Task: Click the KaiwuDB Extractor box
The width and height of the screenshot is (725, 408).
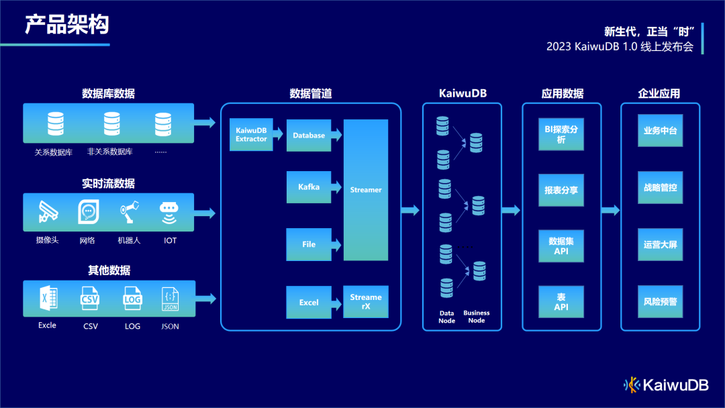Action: coord(251,134)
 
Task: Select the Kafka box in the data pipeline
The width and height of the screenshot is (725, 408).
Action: coord(309,187)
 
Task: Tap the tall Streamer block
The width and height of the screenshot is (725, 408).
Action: coord(366,190)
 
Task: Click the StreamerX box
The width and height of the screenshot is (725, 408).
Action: coord(366,302)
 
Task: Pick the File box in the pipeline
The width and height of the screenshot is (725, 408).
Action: coord(309,244)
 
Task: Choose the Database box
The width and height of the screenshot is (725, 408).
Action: coord(309,136)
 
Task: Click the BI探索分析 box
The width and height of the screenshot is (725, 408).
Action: coord(561,134)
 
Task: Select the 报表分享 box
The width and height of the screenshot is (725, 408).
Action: coord(561,190)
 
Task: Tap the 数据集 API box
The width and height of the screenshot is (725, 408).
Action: coord(561,246)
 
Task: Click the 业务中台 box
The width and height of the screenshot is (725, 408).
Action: coord(661,130)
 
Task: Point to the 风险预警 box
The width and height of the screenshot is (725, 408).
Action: coord(661,302)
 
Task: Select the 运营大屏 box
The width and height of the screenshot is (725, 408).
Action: coord(661,244)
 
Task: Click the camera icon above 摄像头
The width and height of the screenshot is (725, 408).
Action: coord(48,211)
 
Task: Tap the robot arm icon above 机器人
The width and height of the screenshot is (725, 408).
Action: coord(130,212)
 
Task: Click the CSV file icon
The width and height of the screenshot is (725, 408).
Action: coord(89,299)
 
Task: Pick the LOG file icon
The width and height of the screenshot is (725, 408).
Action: coord(132,299)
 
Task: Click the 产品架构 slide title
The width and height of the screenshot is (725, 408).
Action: coord(67,24)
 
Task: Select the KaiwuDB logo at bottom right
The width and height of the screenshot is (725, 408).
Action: coord(666,385)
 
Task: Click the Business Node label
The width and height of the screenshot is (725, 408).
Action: coord(476,317)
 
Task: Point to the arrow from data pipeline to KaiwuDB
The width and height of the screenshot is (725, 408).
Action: coord(410,211)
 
